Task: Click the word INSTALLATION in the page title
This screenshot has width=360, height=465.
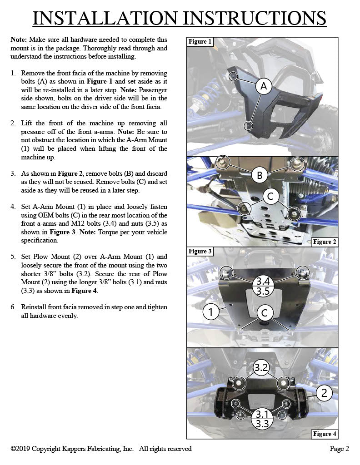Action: (x=105, y=18)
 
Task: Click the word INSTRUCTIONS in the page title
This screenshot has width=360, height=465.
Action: (x=254, y=18)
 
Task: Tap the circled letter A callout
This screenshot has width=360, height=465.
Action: (x=263, y=86)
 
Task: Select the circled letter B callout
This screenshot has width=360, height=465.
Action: (x=260, y=175)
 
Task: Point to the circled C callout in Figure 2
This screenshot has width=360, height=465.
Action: (x=270, y=196)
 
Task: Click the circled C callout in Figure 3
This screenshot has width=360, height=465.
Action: (x=264, y=312)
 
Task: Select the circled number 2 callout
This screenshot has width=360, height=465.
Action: (x=324, y=392)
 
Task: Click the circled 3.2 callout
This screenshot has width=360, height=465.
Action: (x=260, y=368)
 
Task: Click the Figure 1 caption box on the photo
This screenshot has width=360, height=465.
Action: (x=200, y=42)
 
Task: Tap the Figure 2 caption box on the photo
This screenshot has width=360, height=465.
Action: (x=325, y=242)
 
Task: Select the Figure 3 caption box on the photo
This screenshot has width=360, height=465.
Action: (x=200, y=252)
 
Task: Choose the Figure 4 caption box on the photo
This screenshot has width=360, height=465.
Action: (x=325, y=434)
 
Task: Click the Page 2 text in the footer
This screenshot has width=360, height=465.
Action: (x=339, y=449)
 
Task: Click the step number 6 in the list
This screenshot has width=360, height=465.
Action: (x=13, y=307)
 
